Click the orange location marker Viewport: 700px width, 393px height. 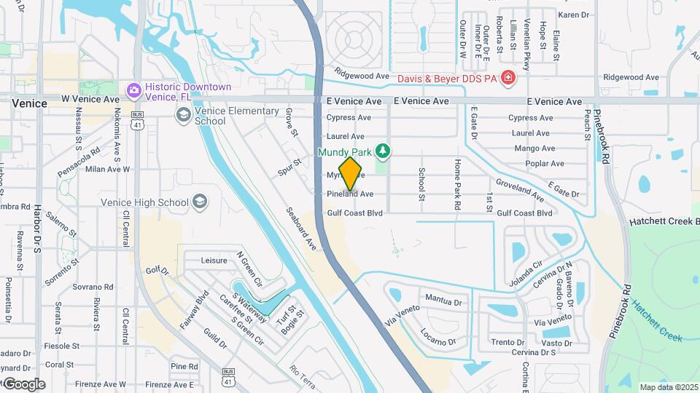point(351,173)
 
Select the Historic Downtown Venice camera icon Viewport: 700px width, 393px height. point(133,91)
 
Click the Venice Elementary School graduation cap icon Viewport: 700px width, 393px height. point(182,114)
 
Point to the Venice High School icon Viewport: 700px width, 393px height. point(201,202)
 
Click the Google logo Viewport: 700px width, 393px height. point(23,384)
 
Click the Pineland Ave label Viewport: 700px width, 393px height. point(350,194)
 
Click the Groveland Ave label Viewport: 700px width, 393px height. point(519,190)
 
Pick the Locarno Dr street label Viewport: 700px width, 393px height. point(437,337)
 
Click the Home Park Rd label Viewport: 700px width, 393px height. point(457,185)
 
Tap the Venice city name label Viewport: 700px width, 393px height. point(29,103)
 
